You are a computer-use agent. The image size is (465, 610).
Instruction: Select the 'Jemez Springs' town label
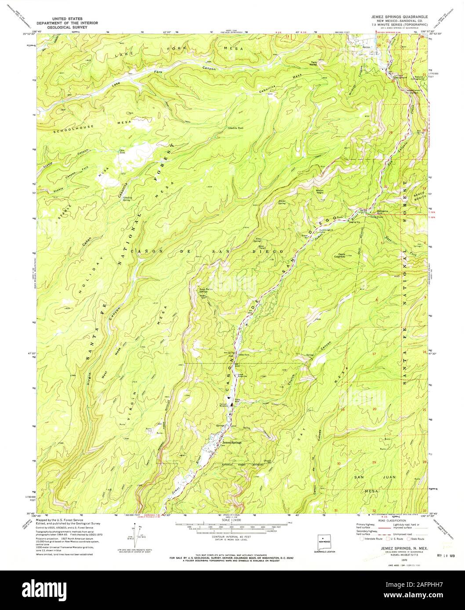(232, 442)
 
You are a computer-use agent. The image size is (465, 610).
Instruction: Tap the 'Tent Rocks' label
(314, 63)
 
